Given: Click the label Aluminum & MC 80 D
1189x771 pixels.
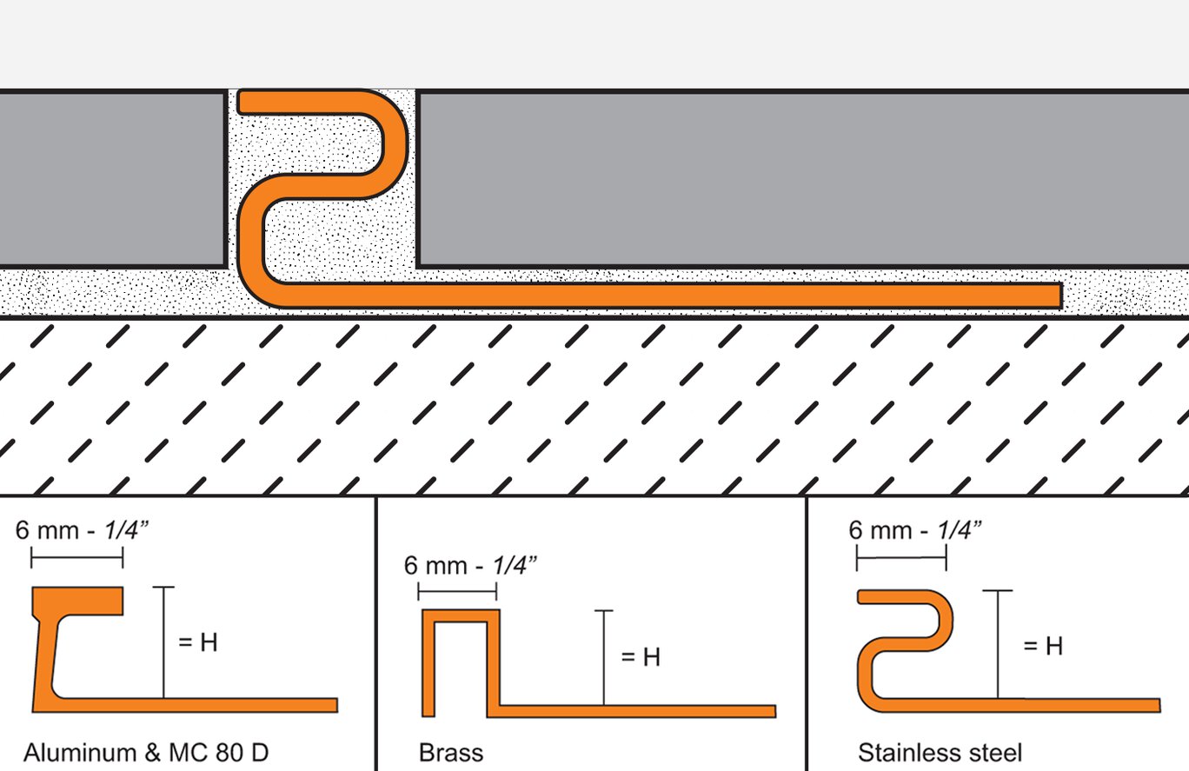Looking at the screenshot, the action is [146, 753].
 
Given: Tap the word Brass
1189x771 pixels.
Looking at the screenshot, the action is [451, 753].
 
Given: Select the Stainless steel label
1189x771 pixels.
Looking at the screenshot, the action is [940, 753].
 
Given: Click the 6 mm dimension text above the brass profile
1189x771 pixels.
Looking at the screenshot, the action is [470, 566].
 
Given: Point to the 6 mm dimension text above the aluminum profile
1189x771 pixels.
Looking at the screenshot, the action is [82, 530].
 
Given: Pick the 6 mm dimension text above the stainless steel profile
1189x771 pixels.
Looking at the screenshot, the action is [915, 530].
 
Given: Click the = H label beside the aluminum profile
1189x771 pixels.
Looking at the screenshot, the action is [198, 642].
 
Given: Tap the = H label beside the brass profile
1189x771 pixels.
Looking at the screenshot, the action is [641, 657].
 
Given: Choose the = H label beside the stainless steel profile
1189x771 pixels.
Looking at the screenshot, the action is [1043, 646].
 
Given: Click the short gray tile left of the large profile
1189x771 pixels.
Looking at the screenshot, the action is [112, 179].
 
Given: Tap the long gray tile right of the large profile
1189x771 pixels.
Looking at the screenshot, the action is [802, 179].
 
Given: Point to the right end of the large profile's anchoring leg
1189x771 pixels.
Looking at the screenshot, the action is [1061, 296].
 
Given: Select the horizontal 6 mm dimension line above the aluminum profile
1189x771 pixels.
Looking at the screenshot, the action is [77, 557].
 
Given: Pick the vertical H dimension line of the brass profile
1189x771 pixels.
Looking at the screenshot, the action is [603, 657].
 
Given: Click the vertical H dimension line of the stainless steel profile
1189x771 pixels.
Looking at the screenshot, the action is [998, 644].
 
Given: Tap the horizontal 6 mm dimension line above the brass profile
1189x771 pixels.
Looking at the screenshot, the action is [457, 591].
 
